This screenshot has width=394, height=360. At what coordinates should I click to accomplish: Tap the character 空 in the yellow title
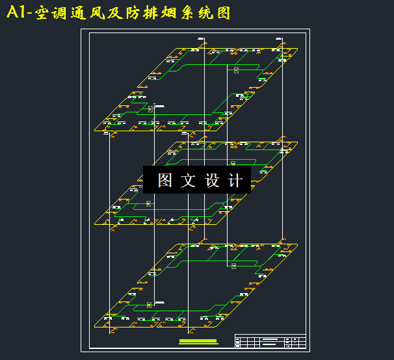[x=44, y=13]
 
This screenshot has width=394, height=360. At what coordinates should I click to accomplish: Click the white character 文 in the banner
[x=188, y=180]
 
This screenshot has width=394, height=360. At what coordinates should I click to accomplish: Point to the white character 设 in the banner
[x=212, y=180]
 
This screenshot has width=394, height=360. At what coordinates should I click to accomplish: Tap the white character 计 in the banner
[x=235, y=180]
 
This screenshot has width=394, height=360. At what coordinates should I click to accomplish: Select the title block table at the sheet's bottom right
[x=270, y=341]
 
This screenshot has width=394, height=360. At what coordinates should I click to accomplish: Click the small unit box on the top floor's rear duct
[x=236, y=70]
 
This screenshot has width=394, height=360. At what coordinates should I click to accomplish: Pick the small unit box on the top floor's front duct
[x=150, y=109]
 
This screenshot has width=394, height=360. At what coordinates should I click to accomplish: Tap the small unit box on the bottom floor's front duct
[x=149, y=305]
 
